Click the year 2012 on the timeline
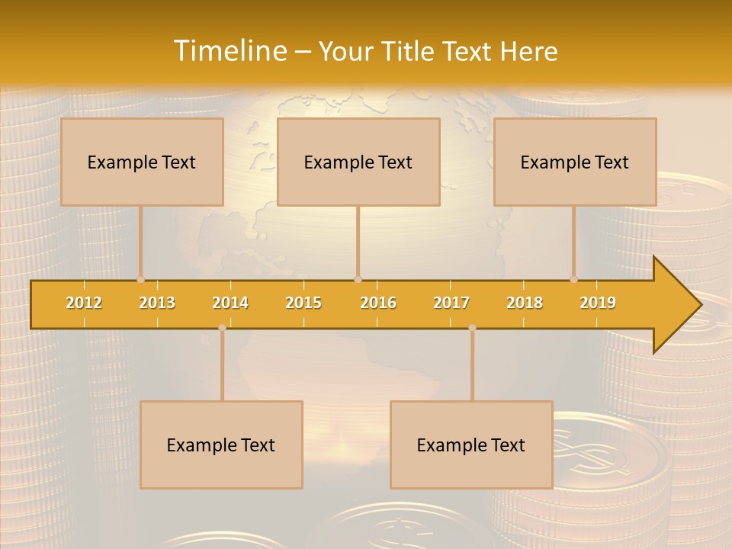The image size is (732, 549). [84, 303]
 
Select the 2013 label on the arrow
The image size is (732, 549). [157, 303]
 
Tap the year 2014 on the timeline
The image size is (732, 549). [230, 303]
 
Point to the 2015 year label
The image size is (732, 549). [303, 303]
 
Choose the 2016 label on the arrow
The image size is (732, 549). [378, 303]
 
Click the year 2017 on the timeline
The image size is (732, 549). [451, 303]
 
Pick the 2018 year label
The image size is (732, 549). [525, 303]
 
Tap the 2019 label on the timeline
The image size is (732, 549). [598, 303]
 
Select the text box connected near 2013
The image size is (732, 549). [142, 162]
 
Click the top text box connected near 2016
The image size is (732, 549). [358, 162]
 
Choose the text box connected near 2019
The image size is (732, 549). [575, 162]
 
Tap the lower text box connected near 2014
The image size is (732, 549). [221, 445]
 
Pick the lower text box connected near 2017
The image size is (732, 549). [471, 445]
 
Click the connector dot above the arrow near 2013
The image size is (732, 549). [140, 279]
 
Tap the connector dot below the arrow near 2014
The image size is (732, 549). [222, 328]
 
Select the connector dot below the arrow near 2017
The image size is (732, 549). [472, 328]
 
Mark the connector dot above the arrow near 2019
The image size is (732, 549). [573, 279]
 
